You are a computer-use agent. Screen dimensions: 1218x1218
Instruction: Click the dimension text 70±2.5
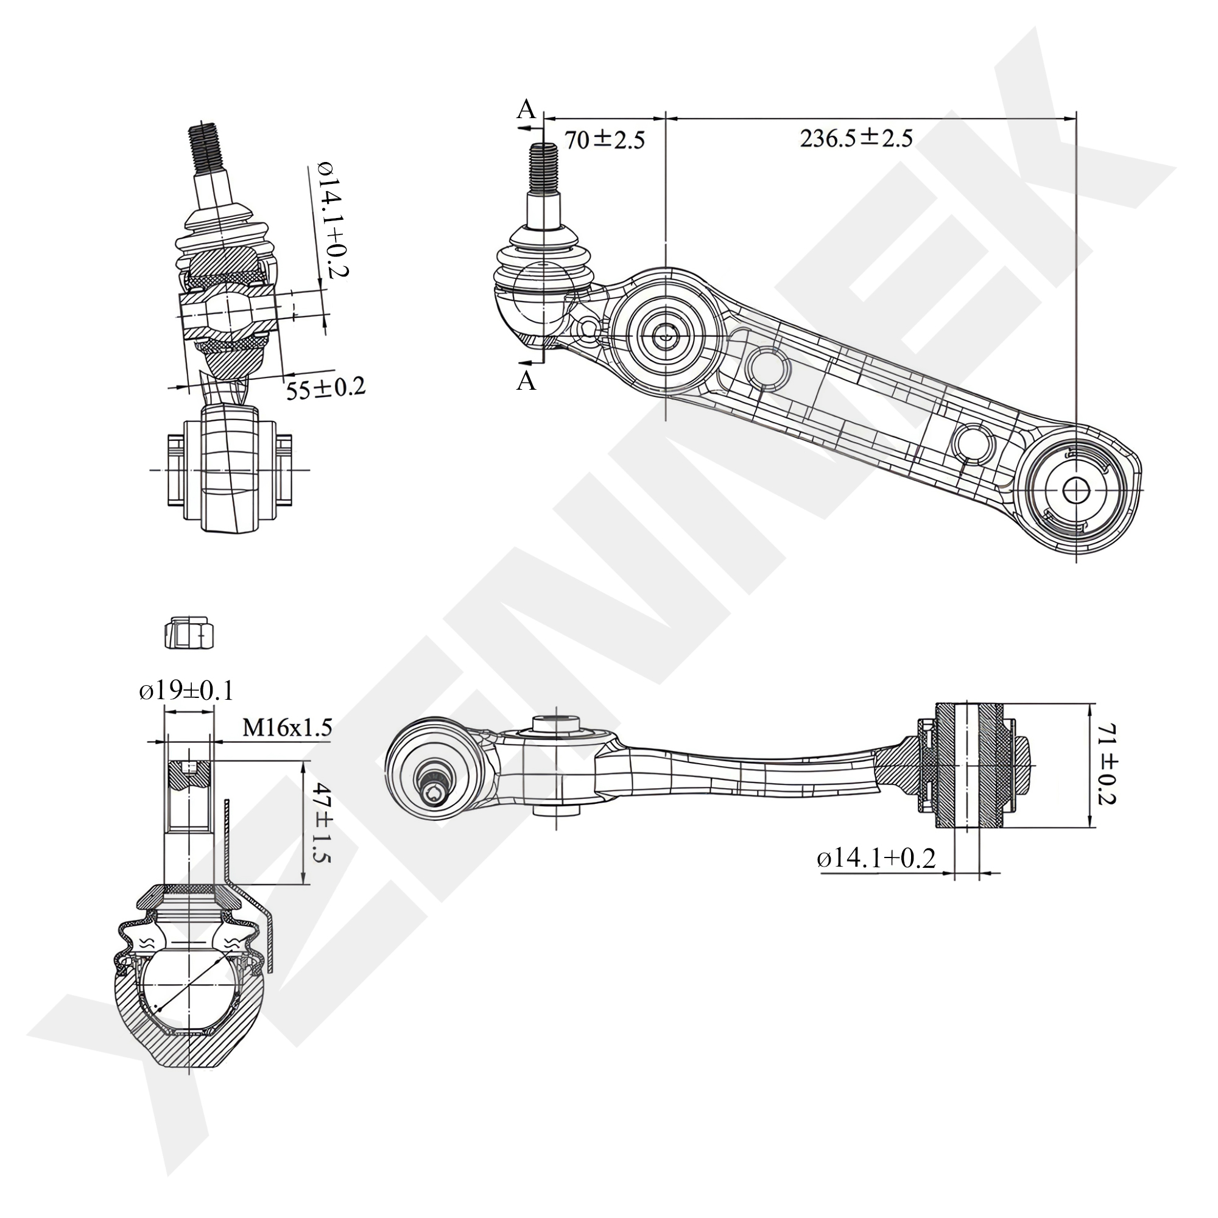click(x=604, y=140)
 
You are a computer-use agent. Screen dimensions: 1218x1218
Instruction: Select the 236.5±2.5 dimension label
click(x=856, y=138)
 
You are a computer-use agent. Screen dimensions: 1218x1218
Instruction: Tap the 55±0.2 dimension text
click(x=326, y=389)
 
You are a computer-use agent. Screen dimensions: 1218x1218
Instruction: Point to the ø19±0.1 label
click(x=186, y=691)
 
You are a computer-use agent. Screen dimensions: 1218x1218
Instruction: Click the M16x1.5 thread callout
click(x=287, y=728)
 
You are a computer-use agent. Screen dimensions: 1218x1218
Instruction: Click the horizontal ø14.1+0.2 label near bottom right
click(x=876, y=858)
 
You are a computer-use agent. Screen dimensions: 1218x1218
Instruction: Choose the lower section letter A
click(x=526, y=381)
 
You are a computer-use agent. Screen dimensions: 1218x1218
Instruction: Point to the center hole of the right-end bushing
click(x=1075, y=489)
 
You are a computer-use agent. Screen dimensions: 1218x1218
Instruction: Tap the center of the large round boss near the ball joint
click(x=666, y=334)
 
